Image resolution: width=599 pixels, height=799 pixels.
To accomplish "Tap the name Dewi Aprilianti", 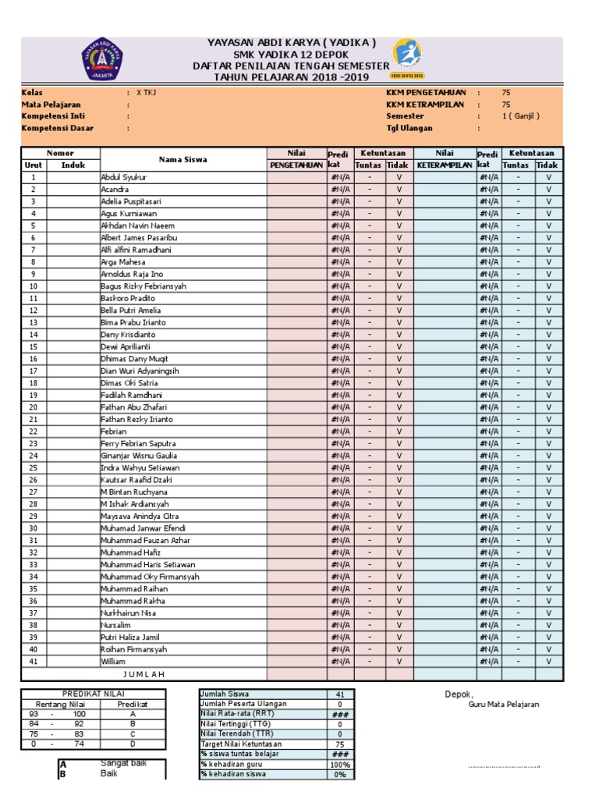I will (126, 346).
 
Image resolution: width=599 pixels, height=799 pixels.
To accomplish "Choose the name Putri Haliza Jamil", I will (129, 637).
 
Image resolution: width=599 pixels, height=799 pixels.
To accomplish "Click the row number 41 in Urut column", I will (34, 661).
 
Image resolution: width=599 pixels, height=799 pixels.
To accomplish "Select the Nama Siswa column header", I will (183, 159).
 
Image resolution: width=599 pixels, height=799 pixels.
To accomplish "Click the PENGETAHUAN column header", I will (296, 165).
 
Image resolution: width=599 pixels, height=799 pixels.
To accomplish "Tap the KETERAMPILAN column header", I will (445, 165).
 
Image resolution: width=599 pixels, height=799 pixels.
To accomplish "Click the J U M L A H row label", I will (144, 673).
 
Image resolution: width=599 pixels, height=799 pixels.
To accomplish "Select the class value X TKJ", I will (147, 92).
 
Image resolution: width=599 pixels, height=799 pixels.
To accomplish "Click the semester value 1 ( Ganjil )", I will (520, 115).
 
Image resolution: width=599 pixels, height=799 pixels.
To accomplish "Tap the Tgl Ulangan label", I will (409, 128).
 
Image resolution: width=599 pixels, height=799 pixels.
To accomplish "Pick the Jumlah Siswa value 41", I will (340, 694).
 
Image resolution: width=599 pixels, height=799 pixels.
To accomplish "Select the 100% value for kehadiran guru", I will (340, 764).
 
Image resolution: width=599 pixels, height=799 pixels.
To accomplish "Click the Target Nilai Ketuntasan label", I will (242, 744).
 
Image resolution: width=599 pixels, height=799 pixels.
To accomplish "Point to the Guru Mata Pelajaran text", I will (503, 705).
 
